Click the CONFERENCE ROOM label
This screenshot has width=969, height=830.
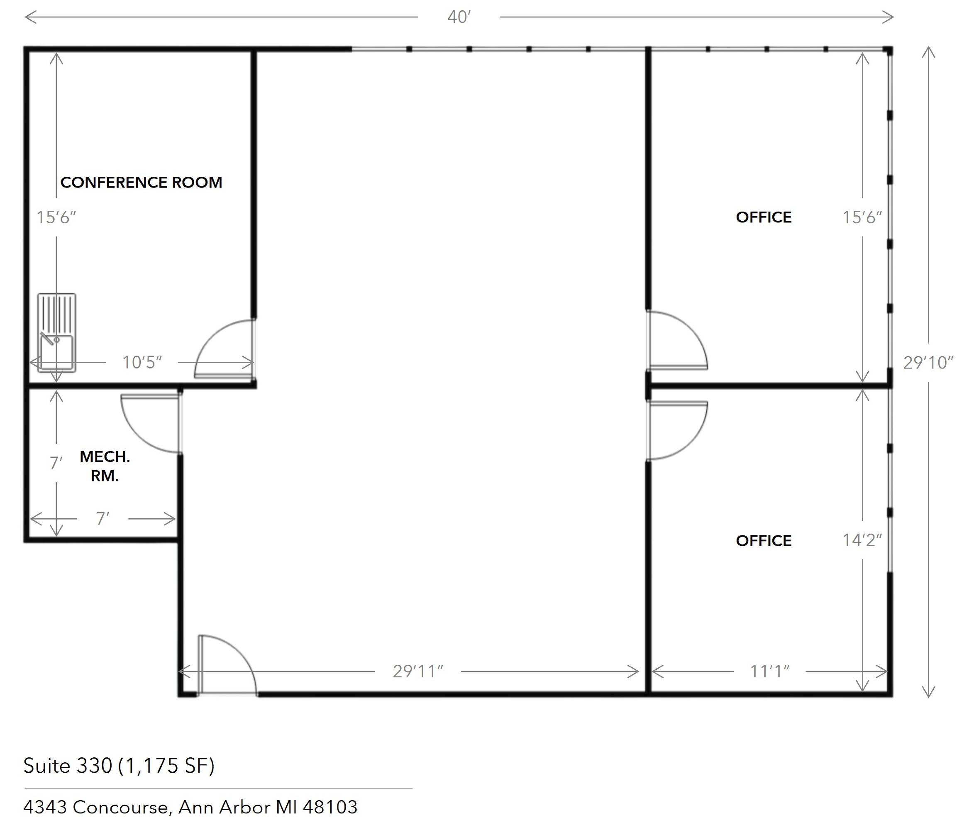[141, 182]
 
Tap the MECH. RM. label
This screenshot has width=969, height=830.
[105, 466]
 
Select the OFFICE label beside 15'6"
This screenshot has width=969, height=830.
[764, 217]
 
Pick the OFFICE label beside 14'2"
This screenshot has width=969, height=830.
[764, 541]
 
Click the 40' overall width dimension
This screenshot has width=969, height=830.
[459, 17]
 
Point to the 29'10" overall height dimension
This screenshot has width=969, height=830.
[928, 362]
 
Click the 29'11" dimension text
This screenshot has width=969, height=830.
[417, 671]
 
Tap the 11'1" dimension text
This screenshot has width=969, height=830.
[770, 671]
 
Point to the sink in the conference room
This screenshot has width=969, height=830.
[56, 332]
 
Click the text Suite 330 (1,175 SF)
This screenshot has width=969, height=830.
[119, 766]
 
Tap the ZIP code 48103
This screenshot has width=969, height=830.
[330, 807]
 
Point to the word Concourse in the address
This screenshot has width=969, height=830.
[121, 808]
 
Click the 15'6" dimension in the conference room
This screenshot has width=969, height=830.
[56, 217]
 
